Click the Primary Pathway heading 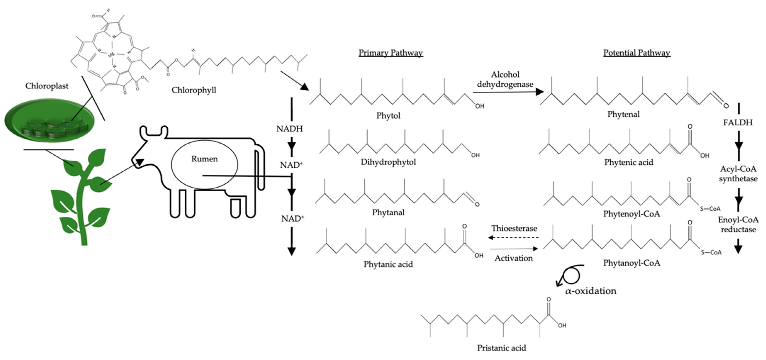[x=390, y=53]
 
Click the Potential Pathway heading [x=636, y=53]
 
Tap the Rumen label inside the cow [x=204, y=159]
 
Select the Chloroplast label [x=47, y=86]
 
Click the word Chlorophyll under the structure [x=194, y=90]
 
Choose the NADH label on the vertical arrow [x=289, y=129]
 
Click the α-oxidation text [x=591, y=291]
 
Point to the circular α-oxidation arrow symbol [x=570, y=275]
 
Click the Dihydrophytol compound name [x=388, y=162]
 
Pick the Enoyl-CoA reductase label [x=738, y=225]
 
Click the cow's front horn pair [x=154, y=131]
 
